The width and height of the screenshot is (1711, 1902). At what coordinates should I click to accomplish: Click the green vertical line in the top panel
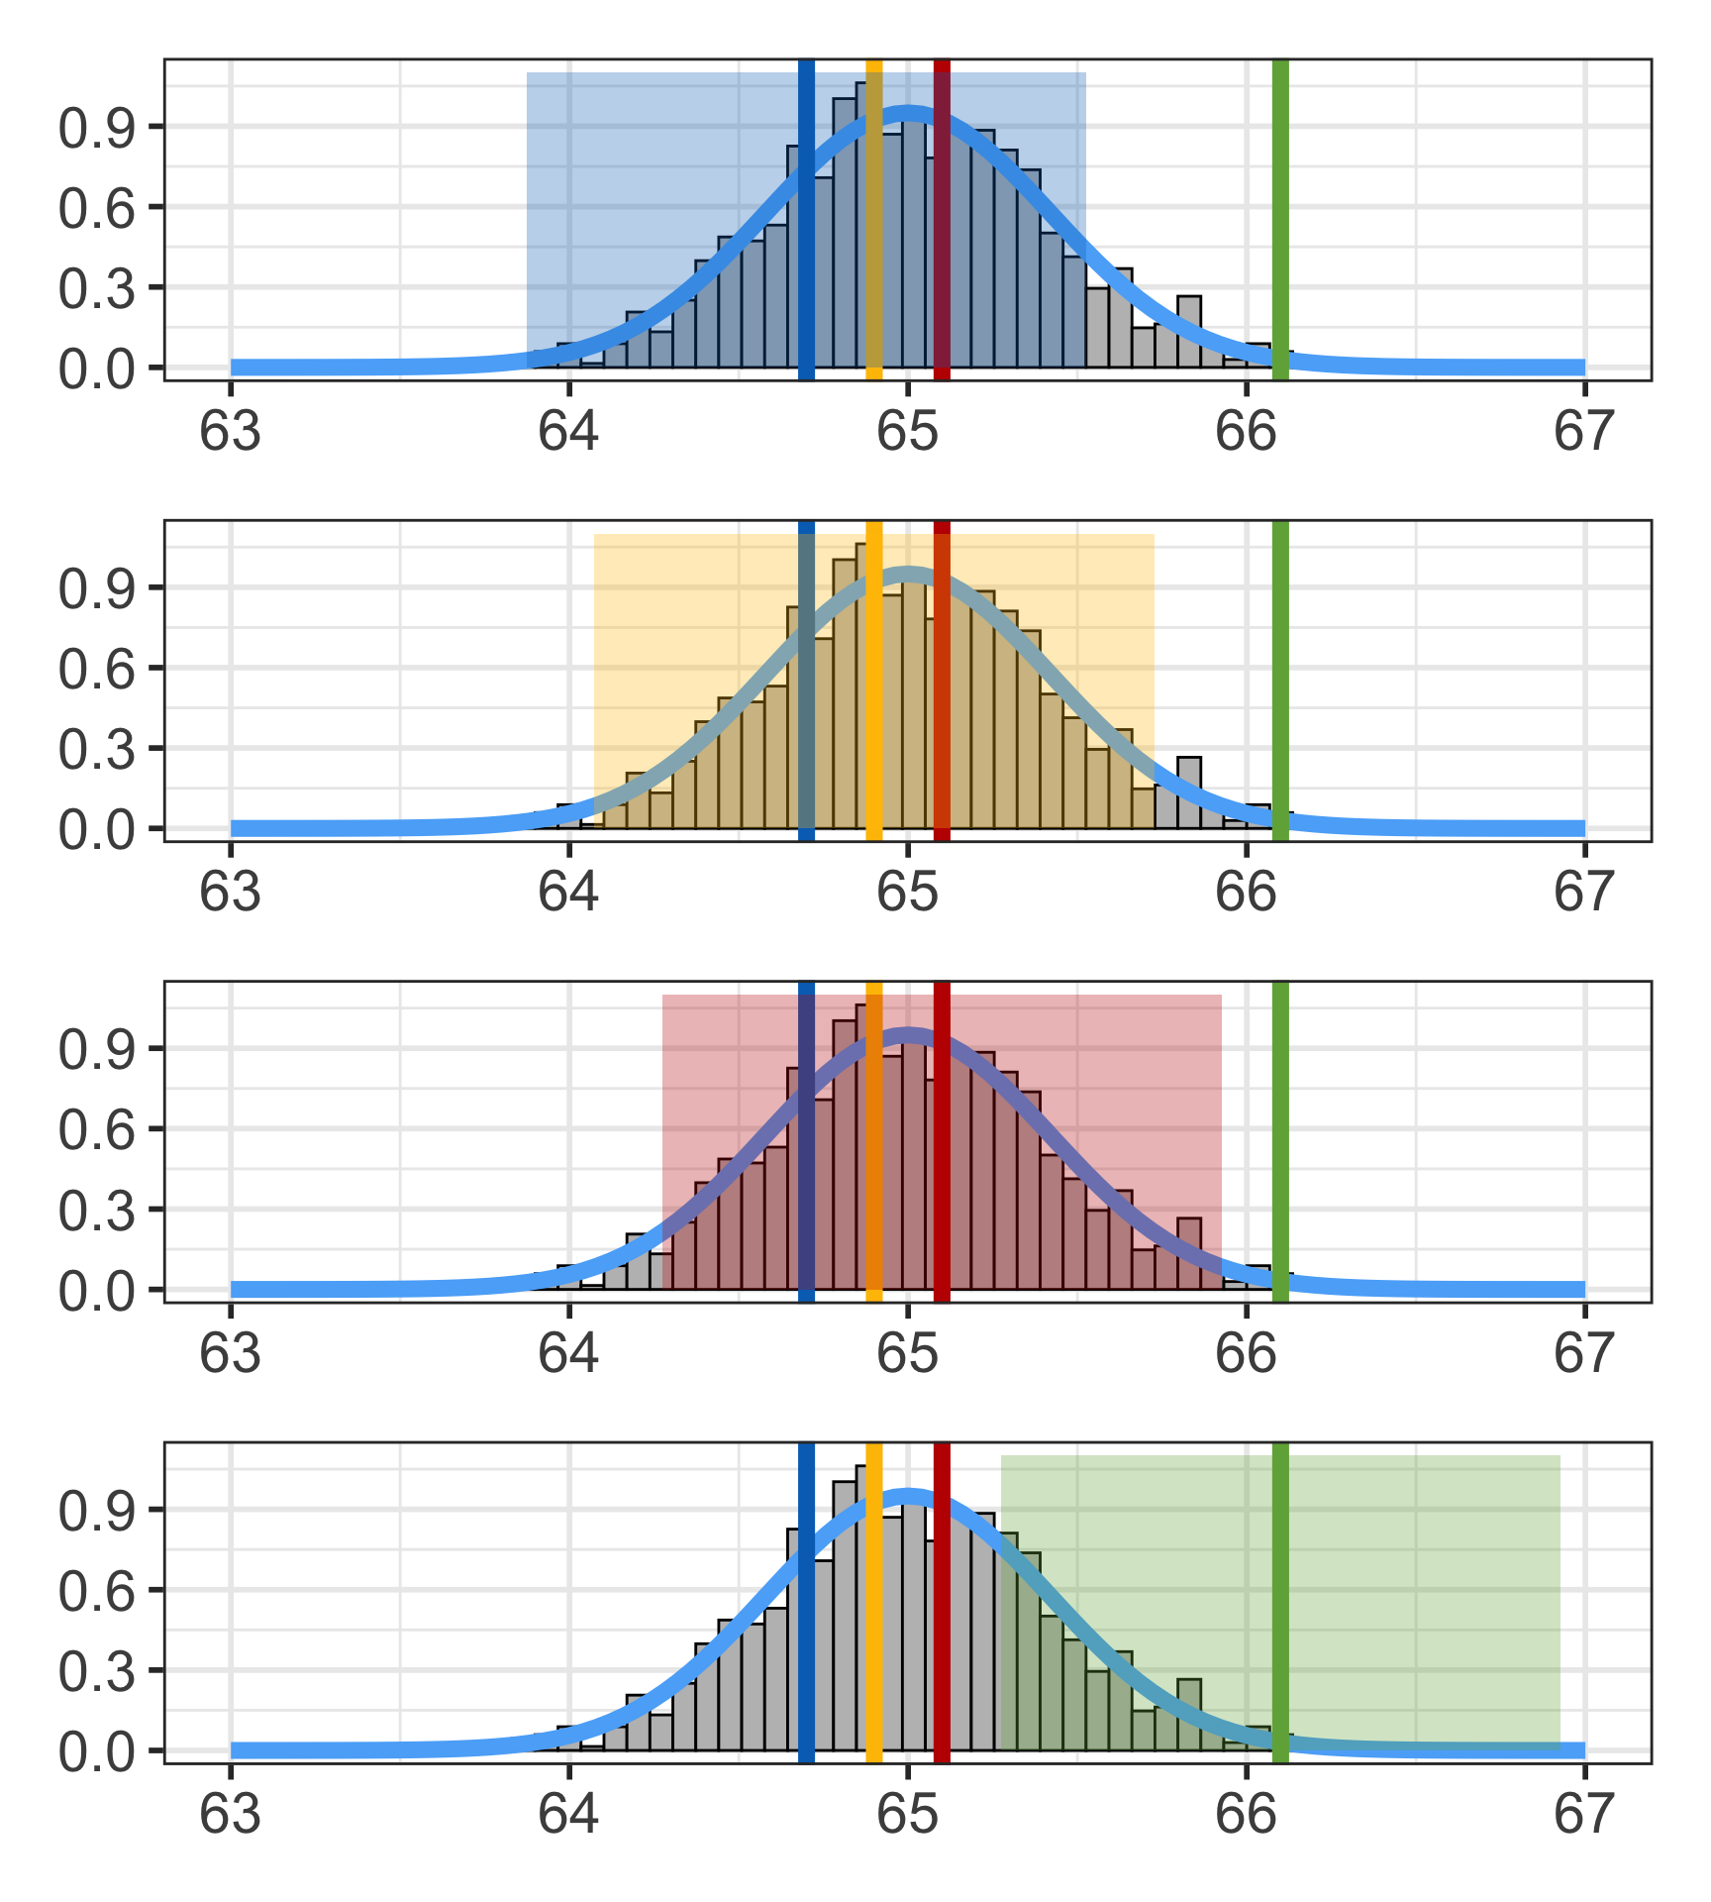point(1280,218)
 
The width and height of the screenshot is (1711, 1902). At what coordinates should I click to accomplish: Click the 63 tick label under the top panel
point(231,433)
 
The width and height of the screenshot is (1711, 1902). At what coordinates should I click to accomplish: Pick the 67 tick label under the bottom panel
point(1584,1816)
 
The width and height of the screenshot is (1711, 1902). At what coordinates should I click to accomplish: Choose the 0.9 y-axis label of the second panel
point(97,588)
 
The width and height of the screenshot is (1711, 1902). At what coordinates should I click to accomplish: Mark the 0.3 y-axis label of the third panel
point(97,1211)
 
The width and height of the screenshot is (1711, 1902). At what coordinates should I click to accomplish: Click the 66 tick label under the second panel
point(1246,894)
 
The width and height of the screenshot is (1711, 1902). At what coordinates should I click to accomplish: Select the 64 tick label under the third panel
point(568,1354)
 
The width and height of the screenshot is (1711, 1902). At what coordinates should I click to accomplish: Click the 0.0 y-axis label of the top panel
point(97,370)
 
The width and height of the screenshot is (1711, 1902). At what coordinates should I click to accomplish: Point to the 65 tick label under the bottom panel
point(907,1816)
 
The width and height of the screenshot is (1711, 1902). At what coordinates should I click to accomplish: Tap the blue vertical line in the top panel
point(806,218)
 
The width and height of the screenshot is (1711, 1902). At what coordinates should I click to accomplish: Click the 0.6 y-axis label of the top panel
point(97,208)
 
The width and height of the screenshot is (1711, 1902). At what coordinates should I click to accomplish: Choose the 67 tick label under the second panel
point(1584,894)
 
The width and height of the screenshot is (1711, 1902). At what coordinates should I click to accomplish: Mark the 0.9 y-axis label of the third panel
point(97,1049)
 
